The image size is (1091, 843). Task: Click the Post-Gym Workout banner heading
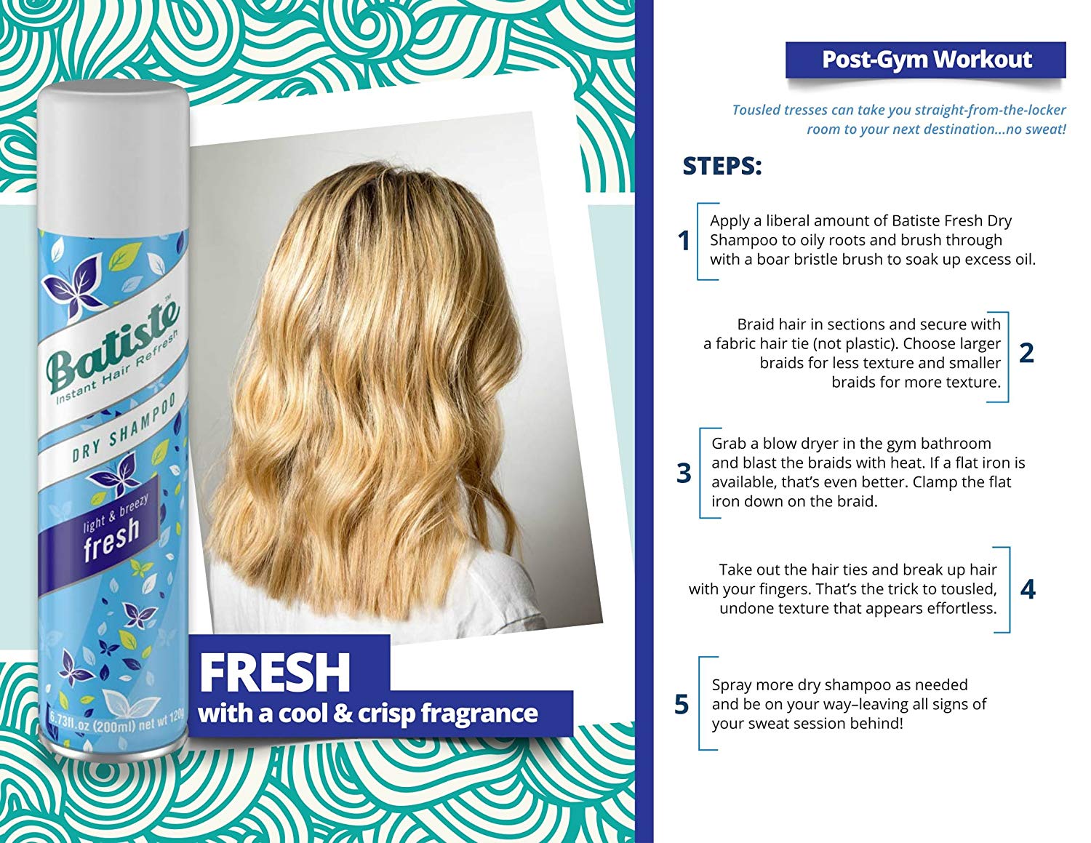tap(927, 60)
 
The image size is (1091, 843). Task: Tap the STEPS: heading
tap(722, 166)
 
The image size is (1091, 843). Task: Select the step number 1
tap(683, 241)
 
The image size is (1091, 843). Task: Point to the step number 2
tap(1026, 353)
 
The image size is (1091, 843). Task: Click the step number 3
tap(683, 473)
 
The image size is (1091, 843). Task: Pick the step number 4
tap(1028, 589)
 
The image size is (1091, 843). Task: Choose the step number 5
tap(682, 704)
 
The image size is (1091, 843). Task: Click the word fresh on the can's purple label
tap(111, 539)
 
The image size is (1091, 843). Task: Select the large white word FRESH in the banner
tap(274, 673)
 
